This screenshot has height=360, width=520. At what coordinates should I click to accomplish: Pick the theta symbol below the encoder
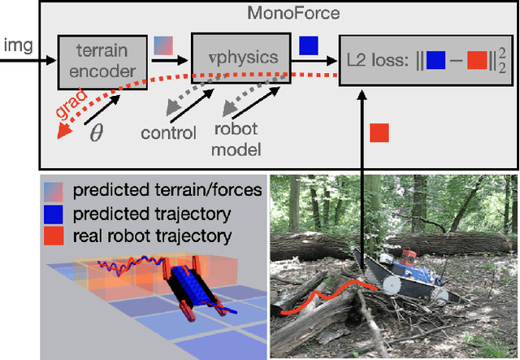[97, 132]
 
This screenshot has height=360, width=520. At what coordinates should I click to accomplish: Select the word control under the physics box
[169, 133]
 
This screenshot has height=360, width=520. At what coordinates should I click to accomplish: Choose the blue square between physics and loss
[309, 46]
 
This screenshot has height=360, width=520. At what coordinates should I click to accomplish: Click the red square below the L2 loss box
[379, 132]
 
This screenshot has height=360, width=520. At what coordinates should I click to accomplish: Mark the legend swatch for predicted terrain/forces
[54, 193]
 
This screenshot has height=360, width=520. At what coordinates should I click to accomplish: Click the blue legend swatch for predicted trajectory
[54, 215]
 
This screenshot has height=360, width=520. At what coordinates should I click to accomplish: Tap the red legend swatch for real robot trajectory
[54, 236]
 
